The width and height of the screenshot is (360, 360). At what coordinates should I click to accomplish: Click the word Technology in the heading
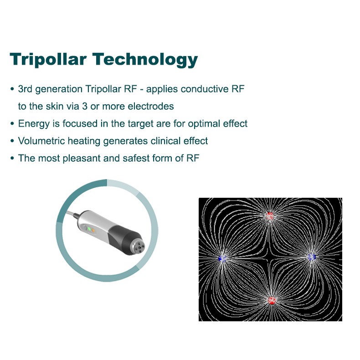(145, 60)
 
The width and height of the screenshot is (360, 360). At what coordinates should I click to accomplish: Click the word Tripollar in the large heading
(48, 60)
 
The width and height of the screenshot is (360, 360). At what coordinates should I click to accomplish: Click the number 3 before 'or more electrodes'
(85, 106)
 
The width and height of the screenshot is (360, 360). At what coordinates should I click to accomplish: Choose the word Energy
(34, 124)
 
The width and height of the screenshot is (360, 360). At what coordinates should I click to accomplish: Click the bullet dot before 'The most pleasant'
(12, 158)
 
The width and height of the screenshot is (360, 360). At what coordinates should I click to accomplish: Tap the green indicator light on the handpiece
(89, 228)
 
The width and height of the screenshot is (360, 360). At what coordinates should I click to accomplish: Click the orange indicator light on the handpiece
(93, 230)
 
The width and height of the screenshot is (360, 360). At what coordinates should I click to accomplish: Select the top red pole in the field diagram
(270, 216)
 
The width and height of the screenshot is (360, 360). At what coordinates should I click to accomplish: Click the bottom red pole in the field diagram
(272, 300)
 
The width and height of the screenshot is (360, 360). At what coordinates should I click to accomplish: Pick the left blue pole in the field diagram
(222, 258)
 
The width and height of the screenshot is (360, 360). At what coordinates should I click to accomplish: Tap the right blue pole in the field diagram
(312, 257)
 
